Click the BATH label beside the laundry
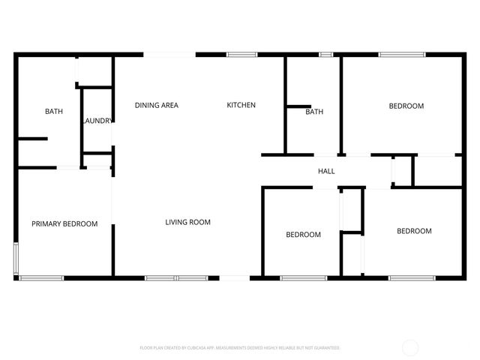(54, 112)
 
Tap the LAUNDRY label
(98, 121)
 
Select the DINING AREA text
(157, 106)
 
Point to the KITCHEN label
(241, 106)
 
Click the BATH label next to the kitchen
(314, 112)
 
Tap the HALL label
(326, 172)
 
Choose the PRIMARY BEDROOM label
(64, 224)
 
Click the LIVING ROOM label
(187, 222)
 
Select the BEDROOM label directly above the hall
(406, 106)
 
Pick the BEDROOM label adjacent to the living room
(303, 235)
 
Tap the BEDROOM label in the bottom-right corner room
(414, 231)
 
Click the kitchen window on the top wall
(242, 54)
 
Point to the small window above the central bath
(325, 54)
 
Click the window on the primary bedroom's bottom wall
(41, 278)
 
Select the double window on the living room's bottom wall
(175, 278)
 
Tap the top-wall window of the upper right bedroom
(401, 54)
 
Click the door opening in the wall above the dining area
(169, 54)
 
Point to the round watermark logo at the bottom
(410, 347)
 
